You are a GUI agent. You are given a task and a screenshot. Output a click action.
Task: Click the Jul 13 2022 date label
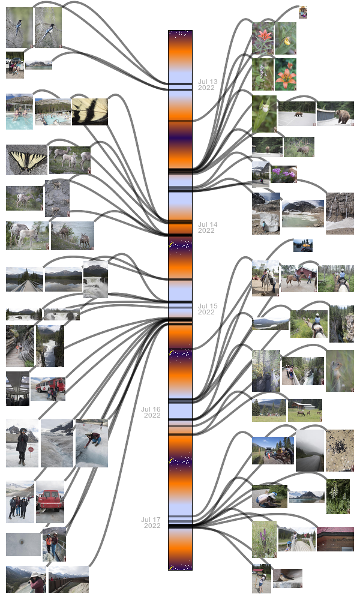click(x=208, y=85)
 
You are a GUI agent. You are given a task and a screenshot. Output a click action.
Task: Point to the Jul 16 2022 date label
click(x=151, y=412)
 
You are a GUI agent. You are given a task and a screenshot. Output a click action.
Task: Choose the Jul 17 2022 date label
click(x=151, y=523)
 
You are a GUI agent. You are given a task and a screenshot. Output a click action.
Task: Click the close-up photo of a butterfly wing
click(x=89, y=112)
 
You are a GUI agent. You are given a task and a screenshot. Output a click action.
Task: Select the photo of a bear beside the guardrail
click(x=335, y=113)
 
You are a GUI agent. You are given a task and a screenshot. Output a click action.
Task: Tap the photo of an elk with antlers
click(x=298, y=147)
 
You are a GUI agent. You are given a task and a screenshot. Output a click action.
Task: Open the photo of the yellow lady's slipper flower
click(x=286, y=38)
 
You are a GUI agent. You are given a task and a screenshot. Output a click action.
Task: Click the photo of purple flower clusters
click(x=283, y=175)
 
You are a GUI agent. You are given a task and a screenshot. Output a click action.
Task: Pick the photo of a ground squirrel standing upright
click(x=340, y=371)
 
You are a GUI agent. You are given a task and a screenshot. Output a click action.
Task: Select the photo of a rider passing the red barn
click(x=298, y=277)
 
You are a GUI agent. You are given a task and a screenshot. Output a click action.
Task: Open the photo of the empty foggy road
click(x=310, y=451)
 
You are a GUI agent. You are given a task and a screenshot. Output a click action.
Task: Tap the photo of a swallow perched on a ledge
click(x=287, y=578)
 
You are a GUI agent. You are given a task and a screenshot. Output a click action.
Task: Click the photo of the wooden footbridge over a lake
click(x=24, y=280)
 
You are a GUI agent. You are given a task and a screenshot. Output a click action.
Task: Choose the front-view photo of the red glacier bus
click(x=50, y=502)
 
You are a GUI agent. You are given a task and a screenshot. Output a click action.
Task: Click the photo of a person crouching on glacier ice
click(x=91, y=443)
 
